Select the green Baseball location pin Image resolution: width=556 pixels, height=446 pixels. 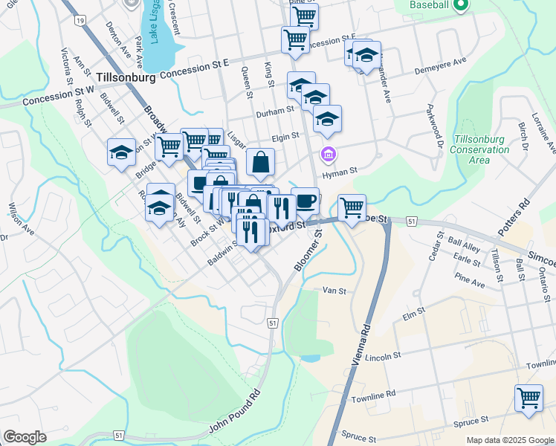point(460,6)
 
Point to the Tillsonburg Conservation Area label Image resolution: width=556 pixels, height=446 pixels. point(482,149)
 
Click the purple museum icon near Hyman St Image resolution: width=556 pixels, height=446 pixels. point(327,155)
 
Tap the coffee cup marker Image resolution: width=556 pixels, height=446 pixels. point(305,200)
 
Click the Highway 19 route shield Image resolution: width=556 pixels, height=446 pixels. point(80,21)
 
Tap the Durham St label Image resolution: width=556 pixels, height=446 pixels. point(275,111)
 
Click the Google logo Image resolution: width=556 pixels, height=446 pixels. point(25,437)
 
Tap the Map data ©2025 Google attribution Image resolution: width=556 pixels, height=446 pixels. point(509,440)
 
